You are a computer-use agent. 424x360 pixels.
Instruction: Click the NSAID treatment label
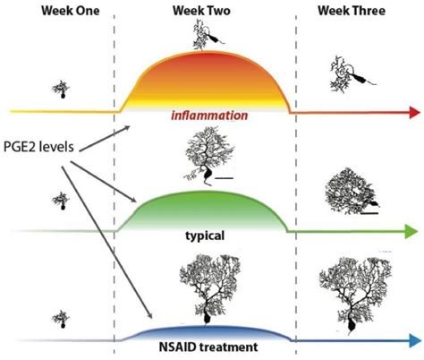206,345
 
